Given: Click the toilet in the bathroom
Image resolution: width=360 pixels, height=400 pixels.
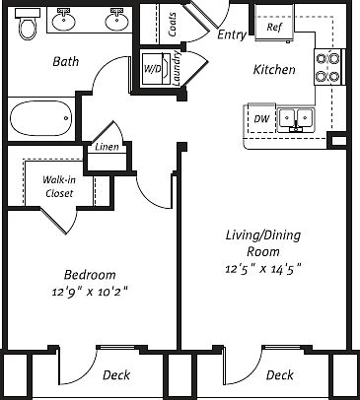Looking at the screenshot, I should (x=27, y=27).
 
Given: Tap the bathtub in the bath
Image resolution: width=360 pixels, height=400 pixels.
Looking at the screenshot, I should (x=48, y=120).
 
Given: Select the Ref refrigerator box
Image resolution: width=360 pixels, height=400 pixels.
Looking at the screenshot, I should (x=274, y=28).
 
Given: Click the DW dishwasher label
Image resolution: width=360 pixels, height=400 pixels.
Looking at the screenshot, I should (x=260, y=119).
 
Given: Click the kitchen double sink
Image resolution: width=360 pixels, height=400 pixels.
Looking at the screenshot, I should (x=295, y=119).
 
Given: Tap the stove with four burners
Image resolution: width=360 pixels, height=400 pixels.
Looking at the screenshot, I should (x=327, y=66).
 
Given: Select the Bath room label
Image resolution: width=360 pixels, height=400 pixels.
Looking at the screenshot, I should (x=65, y=61).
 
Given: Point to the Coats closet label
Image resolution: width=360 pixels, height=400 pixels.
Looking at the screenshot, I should (x=174, y=25).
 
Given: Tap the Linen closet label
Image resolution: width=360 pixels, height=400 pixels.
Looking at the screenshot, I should (x=106, y=148).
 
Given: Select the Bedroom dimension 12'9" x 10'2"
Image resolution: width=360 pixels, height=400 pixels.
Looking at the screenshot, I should (x=89, y=291).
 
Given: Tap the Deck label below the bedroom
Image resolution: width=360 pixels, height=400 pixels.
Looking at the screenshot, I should (x=116, y=374).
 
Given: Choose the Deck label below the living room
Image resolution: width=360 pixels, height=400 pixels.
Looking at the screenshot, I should (x=279, y=374).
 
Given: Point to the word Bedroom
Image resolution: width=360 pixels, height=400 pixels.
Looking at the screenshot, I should (x=90, y=275).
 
